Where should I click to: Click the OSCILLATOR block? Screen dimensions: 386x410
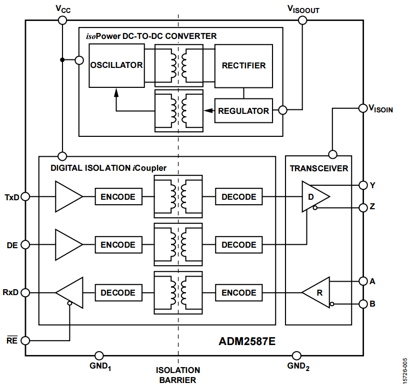click(x=116, y=65)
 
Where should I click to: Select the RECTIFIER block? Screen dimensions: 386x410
click(x=243, y=65)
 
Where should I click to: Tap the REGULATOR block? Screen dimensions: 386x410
click(x=243, y=111)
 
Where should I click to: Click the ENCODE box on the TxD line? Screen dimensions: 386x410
click(x=117, y=197)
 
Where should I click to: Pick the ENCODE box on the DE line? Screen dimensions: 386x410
click(x=117, y=245)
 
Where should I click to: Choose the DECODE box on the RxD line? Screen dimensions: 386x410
click(x=117, y=293)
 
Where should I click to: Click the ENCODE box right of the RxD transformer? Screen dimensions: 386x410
click(x=238, y=293)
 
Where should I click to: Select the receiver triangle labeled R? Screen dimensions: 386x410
click(x=317, y=293)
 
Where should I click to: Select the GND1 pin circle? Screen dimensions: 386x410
click(x=100, y=356)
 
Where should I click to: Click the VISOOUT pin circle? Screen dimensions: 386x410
click(x=302, y=20)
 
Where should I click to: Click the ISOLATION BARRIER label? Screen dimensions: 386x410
click(x=178, y=375)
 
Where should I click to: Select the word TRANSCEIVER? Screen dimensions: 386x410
click(x=318, y=168)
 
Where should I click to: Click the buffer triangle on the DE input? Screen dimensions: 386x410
click(x=68, y=245)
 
